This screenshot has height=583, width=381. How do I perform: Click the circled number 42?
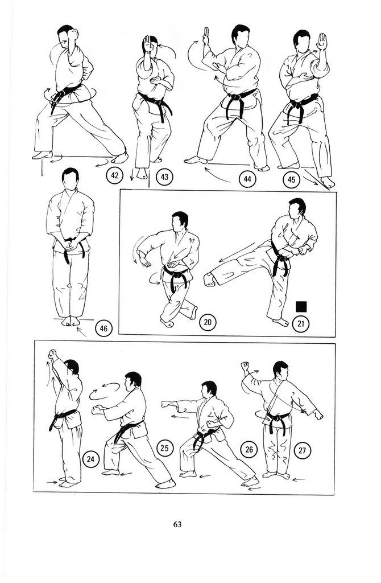(x=115, y=175)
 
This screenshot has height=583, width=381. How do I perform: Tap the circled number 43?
(x=164, y=177)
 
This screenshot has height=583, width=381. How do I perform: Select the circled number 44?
(x=247, y=179)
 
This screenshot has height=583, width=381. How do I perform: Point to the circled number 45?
(x=292, y=180)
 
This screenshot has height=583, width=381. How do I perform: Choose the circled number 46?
(x=103, y=329)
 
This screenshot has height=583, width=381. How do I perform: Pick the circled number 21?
(x=301, y=324)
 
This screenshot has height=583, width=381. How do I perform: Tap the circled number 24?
(x=90, y=459)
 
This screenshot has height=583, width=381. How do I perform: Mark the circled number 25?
(x=164, y=448)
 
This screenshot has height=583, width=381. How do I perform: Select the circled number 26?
(x=249, y=450)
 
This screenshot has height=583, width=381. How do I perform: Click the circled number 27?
(x=303, y=451)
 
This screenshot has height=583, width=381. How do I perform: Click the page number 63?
(x=177, y=524)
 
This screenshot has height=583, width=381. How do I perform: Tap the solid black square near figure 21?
(x=301, y=307)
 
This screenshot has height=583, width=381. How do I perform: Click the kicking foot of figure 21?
(x=209, y=280)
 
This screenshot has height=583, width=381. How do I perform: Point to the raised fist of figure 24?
(x=53, y=354)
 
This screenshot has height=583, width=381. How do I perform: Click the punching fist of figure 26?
(x=166, y=405)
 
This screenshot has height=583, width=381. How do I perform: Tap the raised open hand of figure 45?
(x=322, y=42)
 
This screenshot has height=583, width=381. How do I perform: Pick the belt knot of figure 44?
(x=235, y=98)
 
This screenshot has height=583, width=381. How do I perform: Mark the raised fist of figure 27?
(x=245, y=367)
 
